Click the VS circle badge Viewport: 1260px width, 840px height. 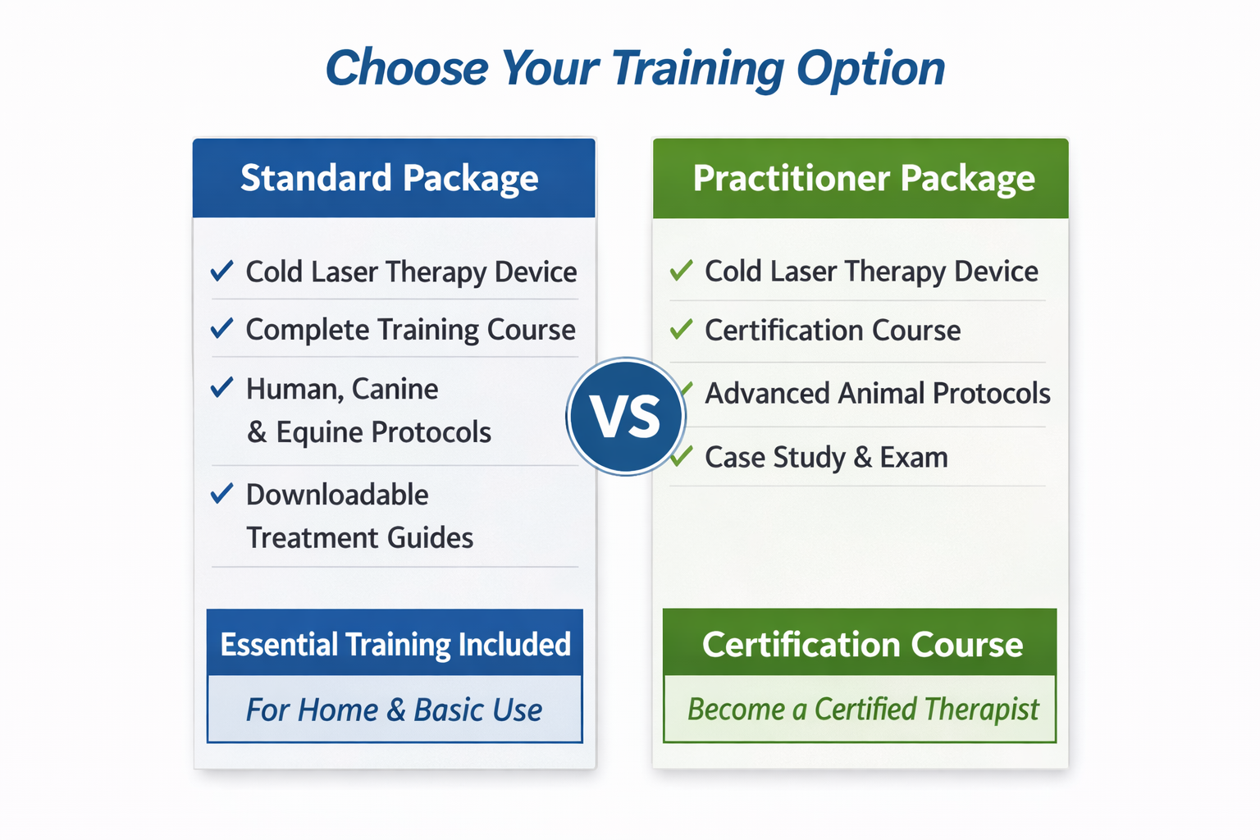(626, 417)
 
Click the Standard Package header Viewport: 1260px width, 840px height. (394, 178)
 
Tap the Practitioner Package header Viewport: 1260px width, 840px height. (861, 178)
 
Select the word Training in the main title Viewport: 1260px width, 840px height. (697, 69)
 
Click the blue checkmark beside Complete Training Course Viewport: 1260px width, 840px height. (221, 328)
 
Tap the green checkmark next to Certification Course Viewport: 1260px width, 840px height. (681, 329)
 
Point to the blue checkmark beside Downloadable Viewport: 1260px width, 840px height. (221, 494)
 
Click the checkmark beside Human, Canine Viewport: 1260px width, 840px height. (221, 387)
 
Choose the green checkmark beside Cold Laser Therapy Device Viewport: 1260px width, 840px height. (681, 271)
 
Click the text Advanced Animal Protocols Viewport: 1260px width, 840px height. (878, 393)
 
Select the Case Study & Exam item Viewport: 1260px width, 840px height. (826, 457)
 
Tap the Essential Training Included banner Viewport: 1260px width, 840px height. (395, 642)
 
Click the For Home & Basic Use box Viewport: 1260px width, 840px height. (395, 709)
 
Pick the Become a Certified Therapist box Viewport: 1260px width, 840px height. (860, 709)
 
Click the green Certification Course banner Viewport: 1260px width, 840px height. (860, 642)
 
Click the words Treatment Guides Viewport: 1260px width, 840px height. (360, 537)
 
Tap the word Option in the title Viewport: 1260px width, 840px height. (870, 69)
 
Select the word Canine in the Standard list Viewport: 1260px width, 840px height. (395, 389)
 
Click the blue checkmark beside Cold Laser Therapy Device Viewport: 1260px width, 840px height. (221, 271)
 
